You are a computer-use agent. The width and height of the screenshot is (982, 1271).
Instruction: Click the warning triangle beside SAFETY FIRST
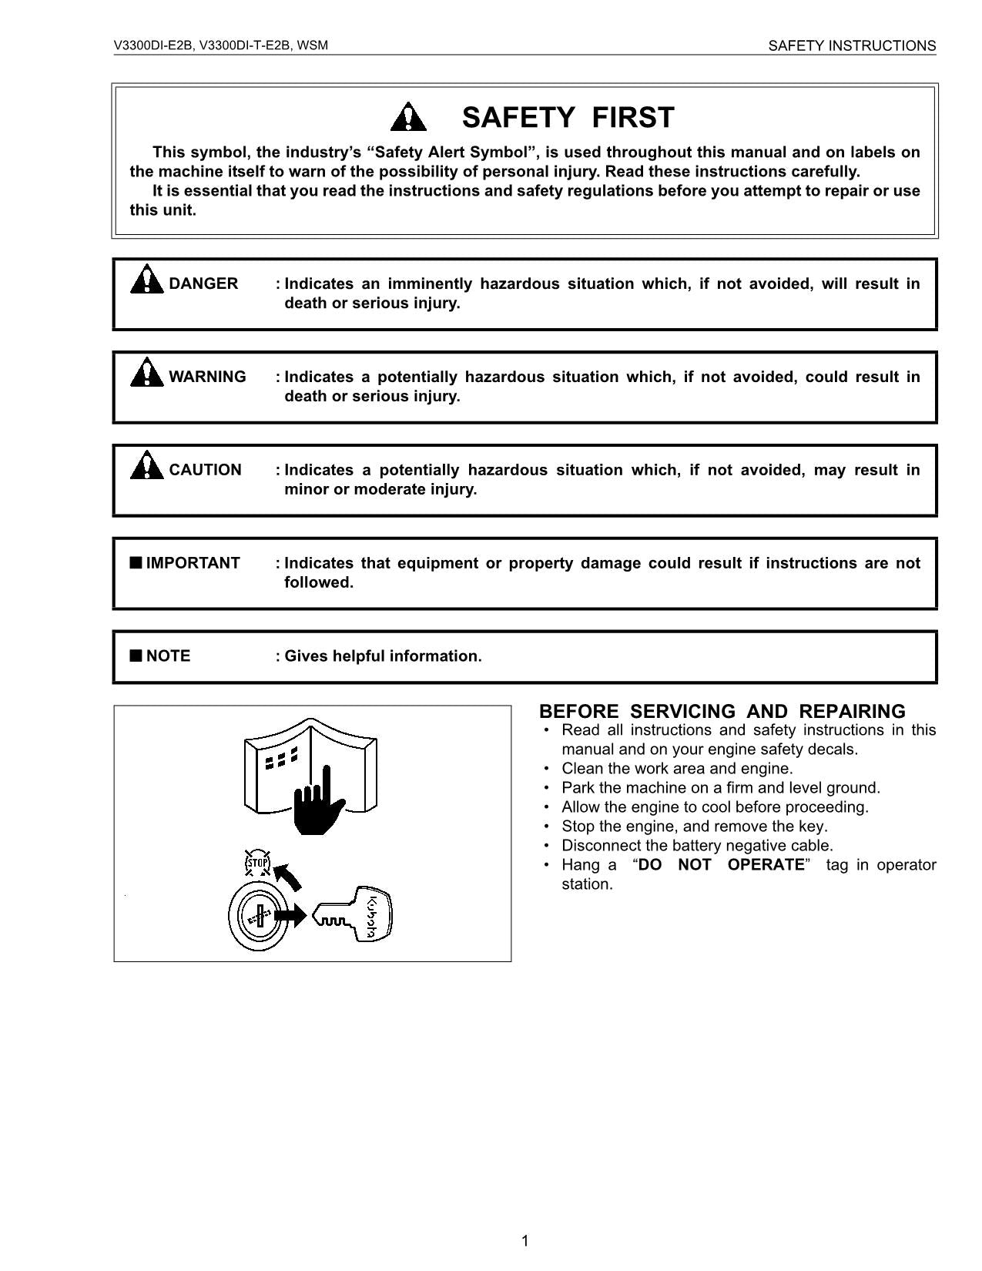(408, 118)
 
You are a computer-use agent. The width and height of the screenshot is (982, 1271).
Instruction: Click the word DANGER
(203, 283)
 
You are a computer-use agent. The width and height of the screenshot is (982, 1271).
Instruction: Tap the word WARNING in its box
(207, 377)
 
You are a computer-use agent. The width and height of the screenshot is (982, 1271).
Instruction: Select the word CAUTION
(205, 470)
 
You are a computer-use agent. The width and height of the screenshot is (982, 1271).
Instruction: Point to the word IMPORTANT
(193, 563)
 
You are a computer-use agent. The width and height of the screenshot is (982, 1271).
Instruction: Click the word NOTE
(168, 656)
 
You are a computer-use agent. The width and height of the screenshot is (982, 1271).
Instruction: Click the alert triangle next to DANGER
(146, 280)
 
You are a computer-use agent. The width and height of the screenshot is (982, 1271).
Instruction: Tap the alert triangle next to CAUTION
(146, 466)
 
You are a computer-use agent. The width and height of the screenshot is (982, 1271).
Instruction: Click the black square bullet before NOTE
(136, 656)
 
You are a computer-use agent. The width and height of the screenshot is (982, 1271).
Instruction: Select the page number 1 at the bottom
(525, 1240)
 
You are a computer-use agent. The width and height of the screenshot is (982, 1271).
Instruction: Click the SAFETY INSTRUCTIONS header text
(852, 46)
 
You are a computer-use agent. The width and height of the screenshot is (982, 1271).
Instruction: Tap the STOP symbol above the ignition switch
(257, 863)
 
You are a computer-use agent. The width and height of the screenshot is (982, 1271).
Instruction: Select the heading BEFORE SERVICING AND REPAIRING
(722, 711)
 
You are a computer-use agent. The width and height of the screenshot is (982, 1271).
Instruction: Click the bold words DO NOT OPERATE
(721, 864)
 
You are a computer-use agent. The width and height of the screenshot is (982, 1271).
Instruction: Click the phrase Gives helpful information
(383, 656)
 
